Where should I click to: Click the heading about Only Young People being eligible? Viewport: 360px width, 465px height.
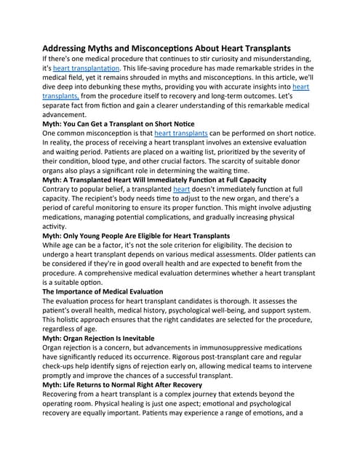coord(137,236)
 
